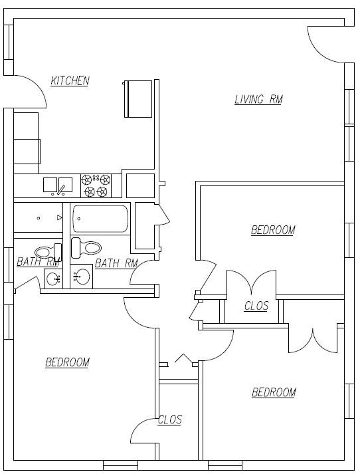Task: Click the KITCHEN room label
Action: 70,81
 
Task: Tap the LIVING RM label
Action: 258,100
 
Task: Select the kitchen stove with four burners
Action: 95,185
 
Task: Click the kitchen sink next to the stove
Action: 58,185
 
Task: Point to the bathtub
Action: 100,219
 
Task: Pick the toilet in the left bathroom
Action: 46,251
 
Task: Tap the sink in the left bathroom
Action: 54,278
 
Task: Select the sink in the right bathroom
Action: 82,275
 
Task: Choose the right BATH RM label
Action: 116,263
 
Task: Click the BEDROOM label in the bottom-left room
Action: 67,362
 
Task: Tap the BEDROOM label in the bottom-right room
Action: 274,392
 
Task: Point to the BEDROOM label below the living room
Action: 272,230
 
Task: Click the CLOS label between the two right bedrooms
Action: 256,306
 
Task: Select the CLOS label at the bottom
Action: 169,420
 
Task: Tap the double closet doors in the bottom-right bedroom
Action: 313,339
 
